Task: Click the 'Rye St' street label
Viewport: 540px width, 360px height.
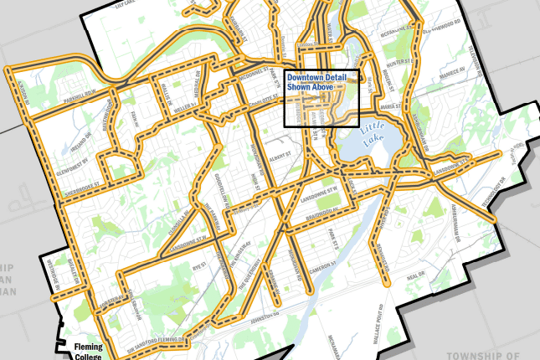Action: coord(199,262)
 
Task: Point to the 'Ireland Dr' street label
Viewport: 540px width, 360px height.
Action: coord(80,137)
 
